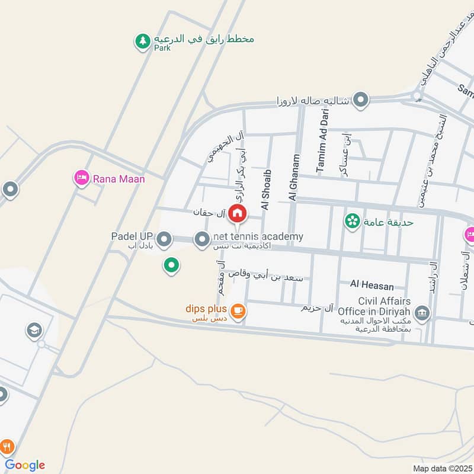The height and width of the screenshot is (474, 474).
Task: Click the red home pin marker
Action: click(237, 213)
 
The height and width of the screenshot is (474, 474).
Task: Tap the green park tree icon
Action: click(142, 41)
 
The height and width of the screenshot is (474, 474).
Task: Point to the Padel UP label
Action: click(132, 236)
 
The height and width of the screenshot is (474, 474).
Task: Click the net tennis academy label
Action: click(258, 236)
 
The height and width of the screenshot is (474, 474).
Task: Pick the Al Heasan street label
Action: click(371, 286)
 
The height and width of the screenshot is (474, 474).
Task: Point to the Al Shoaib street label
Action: click(266, 190)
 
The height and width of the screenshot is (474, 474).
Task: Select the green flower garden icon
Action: click(353, 222)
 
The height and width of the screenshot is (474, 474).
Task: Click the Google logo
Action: click(25, 465)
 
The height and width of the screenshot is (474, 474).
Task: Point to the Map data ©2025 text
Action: click(441, 469)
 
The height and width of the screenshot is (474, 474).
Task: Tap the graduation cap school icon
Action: click(34, 331)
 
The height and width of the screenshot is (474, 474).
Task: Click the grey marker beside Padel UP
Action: click(164, 240)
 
